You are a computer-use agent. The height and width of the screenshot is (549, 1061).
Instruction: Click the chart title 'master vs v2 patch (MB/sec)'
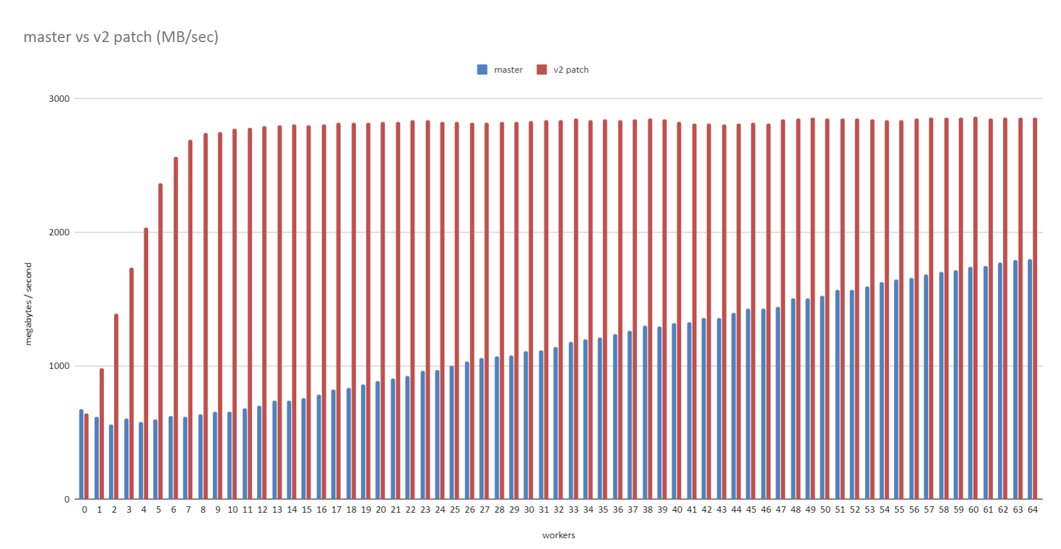pos(121,37)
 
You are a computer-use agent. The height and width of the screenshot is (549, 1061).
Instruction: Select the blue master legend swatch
pos(482,70)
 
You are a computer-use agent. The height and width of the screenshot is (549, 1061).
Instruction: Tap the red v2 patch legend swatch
pos(542,70)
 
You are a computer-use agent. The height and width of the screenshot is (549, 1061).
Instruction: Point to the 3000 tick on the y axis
pos(59,99)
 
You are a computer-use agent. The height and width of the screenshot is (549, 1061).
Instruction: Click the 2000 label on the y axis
pos(59,232)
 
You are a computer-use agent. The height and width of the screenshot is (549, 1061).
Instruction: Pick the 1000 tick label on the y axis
pos(59,366)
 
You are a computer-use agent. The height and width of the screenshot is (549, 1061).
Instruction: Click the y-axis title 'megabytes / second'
pos(29,304)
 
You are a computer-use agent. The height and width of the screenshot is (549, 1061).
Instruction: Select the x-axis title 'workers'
pos(558,535)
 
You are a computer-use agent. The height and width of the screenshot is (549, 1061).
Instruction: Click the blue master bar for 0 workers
pos(81,454)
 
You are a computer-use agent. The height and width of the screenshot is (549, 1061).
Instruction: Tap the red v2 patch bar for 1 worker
pos(102,434)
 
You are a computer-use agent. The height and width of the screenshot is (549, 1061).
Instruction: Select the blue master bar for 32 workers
pos(555,423)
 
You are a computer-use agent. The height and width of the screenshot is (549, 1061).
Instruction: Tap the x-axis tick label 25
pos(454,510)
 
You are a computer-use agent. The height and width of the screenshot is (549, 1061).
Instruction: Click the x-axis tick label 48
pos(795,510)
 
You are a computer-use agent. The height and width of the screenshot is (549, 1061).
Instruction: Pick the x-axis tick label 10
pos(233,510)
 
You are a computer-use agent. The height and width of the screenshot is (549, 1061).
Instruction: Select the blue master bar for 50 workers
pos(822,397)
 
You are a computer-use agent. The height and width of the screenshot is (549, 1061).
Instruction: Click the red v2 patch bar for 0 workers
pos(86,456)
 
